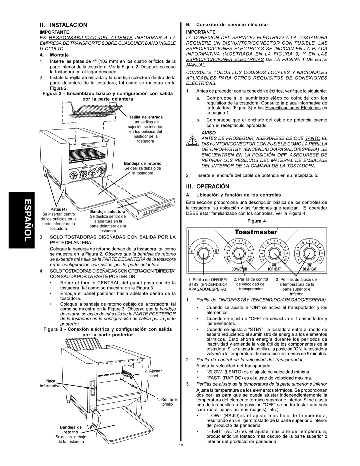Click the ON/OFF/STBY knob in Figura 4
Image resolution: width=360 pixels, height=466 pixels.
pos(205,251)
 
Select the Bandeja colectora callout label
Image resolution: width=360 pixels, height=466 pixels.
pos(107,211)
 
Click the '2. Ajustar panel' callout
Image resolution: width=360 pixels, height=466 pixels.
pos(153,373)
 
